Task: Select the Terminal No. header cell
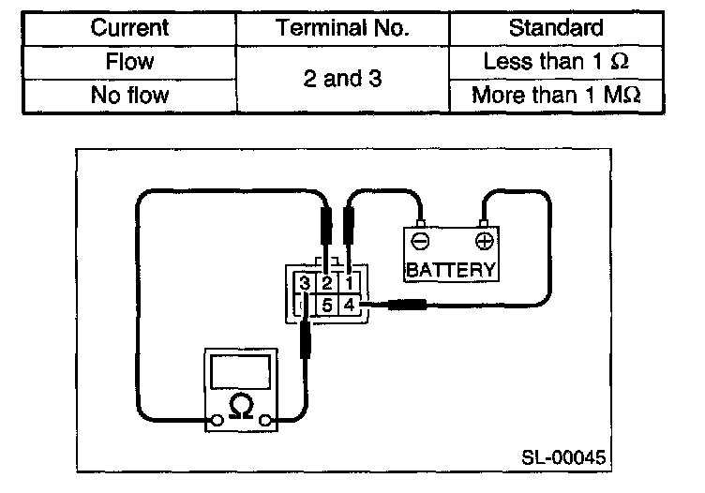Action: [x=342, y=29]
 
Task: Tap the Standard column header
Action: [x=557, y=29]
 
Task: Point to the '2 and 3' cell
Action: [x=342, y=79]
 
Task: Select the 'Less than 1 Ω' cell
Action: [x=557, y=63]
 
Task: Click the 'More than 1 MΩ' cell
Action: [x=557, y=95]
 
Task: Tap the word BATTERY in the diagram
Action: [x=450, y=270]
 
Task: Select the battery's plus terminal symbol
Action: [x=484, y=241]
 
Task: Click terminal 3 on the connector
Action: [x=305, y=283]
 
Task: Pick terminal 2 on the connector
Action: [x=326, y=283]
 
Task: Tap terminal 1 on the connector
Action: [x=348, y=283]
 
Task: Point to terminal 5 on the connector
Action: [x=326, y=305]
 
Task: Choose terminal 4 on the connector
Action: [x=348, y=305]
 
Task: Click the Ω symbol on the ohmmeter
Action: [x=241, y=406]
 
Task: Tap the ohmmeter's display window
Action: [x=241, y=371]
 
